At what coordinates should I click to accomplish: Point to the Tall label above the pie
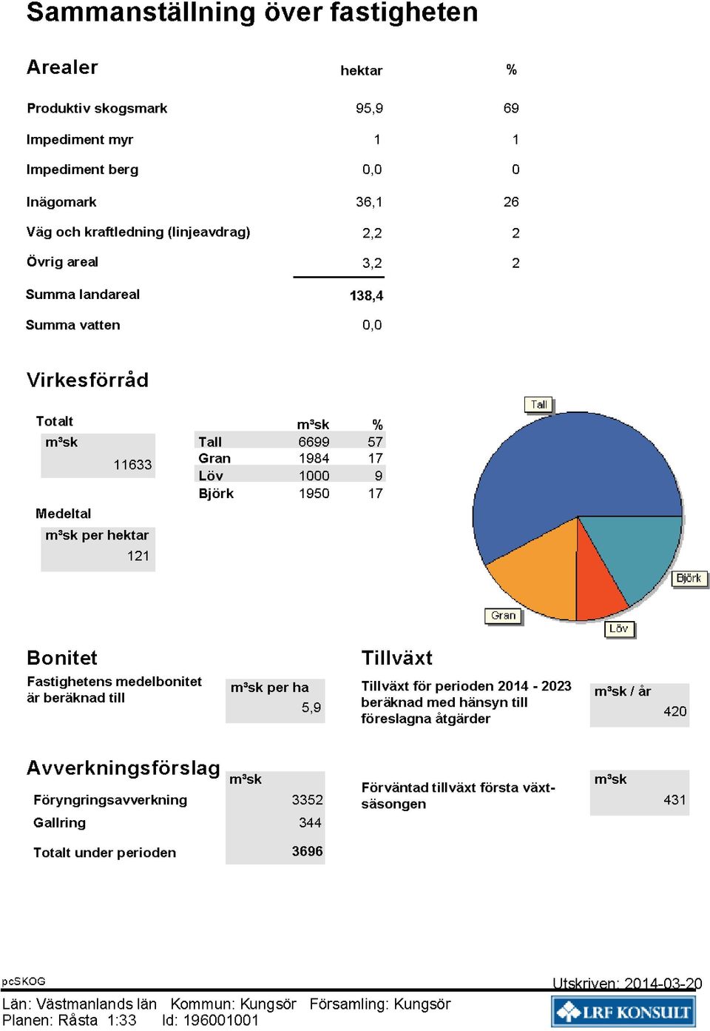click(538, 405)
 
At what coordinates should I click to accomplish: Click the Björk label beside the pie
click(689, 578)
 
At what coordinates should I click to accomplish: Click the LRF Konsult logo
click(623, 1011)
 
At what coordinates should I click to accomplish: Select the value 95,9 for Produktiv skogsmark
click(369, 108)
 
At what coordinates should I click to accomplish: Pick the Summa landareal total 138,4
click(366, 295)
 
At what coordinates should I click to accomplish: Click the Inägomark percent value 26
click(511, 201)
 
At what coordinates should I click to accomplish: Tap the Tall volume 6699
click(314, 442)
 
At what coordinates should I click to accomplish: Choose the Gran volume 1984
click(314, 458)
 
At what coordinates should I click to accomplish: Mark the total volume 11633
click(132, 464)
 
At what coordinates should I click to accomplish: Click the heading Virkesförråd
click(87, 380)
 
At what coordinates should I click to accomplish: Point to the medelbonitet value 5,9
click(311, 707)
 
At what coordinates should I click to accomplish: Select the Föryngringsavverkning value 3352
click(307, 799)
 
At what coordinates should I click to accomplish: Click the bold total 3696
click(307, 851)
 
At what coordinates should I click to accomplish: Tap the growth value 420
click(674, 711)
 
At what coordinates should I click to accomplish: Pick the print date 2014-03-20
click(663, 984)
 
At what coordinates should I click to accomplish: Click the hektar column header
click(362, 70)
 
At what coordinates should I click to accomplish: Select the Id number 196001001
click(220, 1020)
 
